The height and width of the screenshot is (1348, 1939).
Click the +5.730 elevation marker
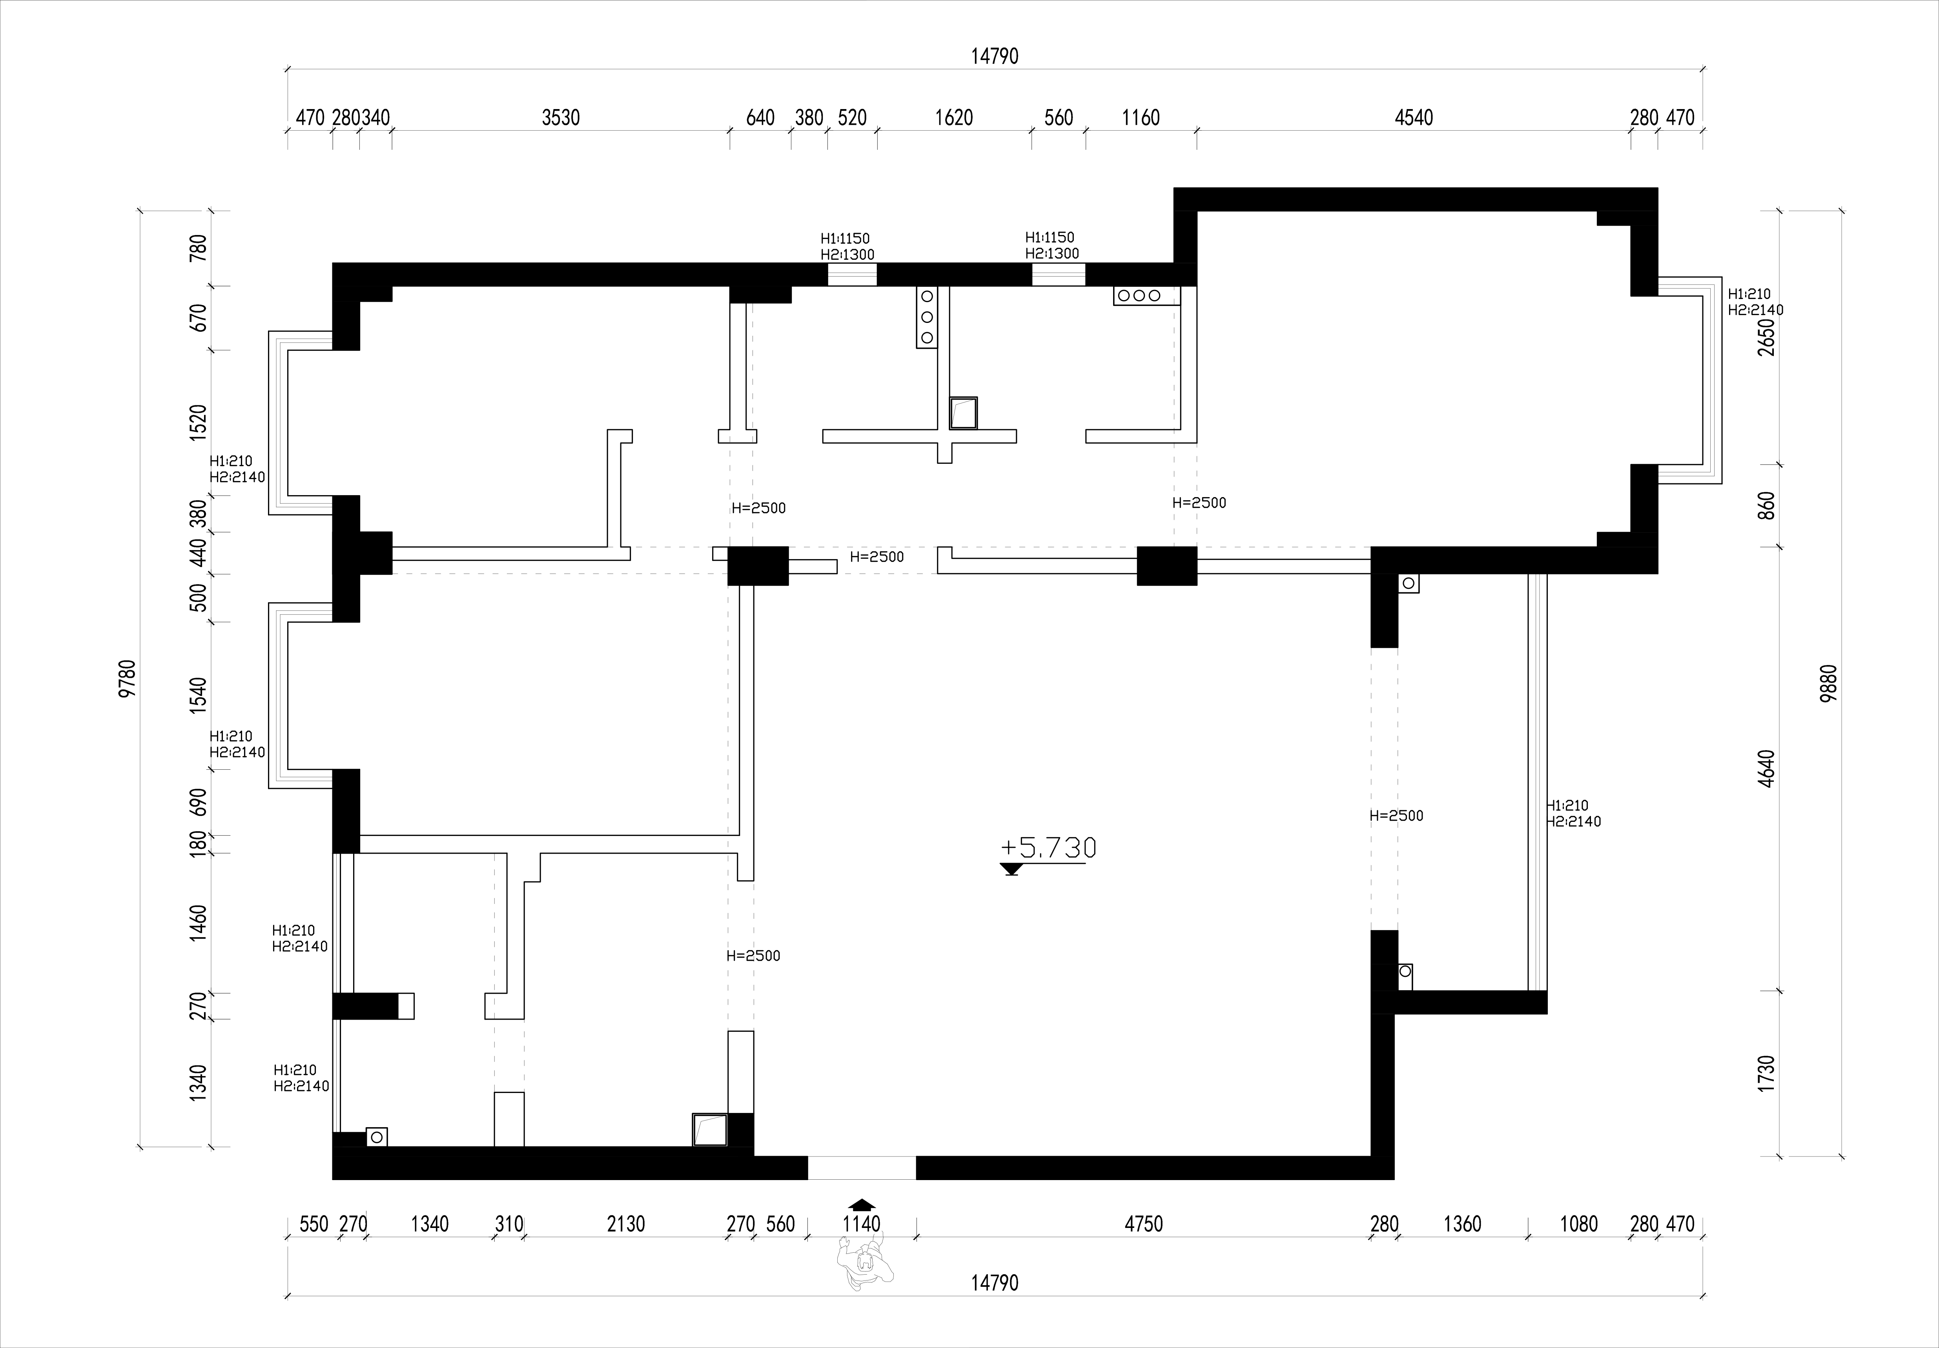1047,848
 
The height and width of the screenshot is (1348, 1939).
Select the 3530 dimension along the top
561,117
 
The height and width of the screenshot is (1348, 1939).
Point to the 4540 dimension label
1414,117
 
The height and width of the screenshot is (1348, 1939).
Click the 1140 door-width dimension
861,1224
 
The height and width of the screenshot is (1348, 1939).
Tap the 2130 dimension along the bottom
626,1224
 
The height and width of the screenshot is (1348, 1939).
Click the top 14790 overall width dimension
995,56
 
